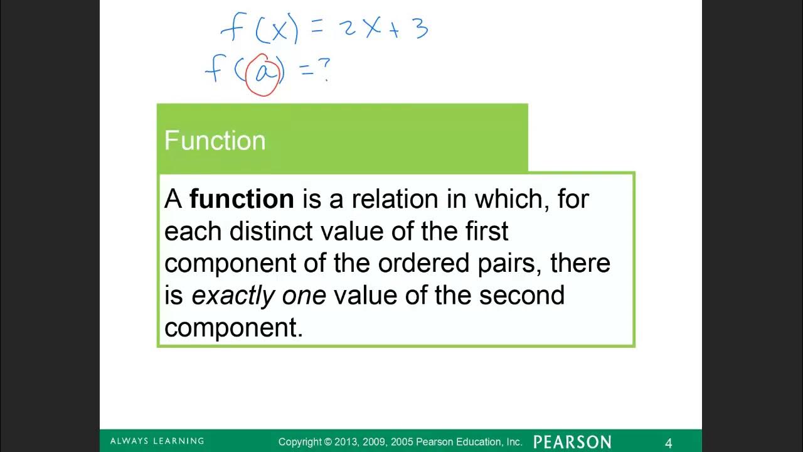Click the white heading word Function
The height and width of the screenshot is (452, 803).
(x=215, y=141)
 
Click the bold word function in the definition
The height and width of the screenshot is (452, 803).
(x=242, y=199)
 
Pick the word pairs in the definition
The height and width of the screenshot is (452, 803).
(x=507, y=262)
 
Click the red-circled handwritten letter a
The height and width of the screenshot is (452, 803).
(x=264, y=74)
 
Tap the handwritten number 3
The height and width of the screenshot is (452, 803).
(x=420, y=29)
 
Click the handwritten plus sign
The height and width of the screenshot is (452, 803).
(x=394, y=31)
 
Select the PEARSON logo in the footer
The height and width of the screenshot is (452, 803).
(x=572, y=442)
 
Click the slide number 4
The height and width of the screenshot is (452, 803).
(x=668, y=443)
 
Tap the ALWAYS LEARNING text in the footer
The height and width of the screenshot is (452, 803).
(x=157, y=441)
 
